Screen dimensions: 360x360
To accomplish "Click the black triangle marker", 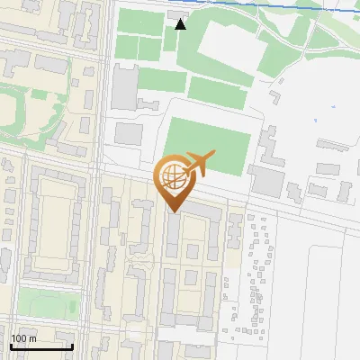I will tap(180, 24).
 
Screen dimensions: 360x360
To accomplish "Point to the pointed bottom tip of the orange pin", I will tap(172, 211).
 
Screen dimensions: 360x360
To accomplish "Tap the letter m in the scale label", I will tap(33, 338).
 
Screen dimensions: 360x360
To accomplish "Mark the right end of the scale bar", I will tap(72, 346).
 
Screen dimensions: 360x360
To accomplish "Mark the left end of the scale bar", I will tap(11, 346).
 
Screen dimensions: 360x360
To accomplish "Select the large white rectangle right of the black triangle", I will tap(225, 45).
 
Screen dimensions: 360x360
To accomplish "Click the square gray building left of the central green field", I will tap(129, 134).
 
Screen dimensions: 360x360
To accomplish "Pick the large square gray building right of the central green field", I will tap(267, 181).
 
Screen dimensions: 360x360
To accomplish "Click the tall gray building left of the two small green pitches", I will tap(124, 87).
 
